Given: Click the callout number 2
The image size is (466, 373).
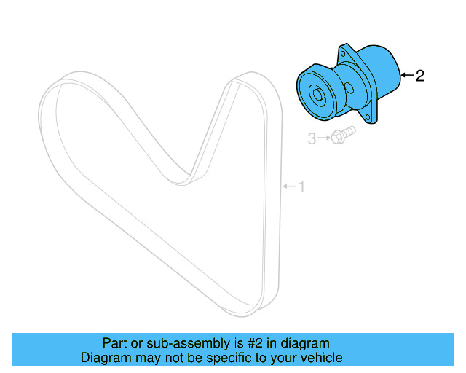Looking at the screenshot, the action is tap(419, 76).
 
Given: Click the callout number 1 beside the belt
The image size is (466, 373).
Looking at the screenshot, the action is tap(301, 188).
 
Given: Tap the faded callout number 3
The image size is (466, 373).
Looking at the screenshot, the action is tap(311, 138).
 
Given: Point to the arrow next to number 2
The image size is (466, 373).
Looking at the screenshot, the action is tap(406, 75).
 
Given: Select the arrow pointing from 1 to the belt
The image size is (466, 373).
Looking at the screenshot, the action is tap(289, 187).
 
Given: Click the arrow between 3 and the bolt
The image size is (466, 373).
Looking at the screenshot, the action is tap(323, 138).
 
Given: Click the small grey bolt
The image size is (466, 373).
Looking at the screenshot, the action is tap(341, 136).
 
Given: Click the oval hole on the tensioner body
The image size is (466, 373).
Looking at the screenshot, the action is tap(350, 90).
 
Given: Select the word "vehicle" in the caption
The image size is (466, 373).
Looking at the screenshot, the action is tap(321, 358).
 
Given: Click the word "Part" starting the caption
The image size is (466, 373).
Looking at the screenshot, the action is tap(114, 343).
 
